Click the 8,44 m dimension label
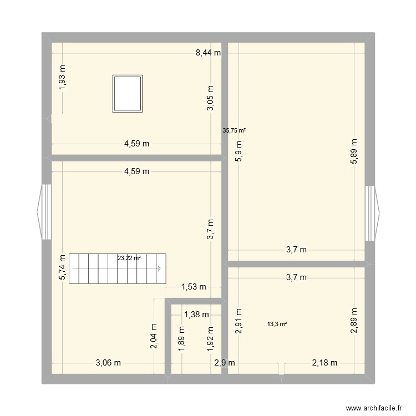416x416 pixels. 208,53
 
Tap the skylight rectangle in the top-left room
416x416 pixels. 128,93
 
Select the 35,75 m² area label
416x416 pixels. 234,131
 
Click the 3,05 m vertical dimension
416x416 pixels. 210,99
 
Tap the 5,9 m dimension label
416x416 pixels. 239,151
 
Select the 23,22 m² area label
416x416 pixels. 129,258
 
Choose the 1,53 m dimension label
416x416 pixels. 194,287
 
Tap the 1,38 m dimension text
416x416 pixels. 196,314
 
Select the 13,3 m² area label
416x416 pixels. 277,324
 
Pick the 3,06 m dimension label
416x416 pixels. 108,363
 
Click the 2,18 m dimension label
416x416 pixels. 324,363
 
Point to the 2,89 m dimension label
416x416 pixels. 354,321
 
